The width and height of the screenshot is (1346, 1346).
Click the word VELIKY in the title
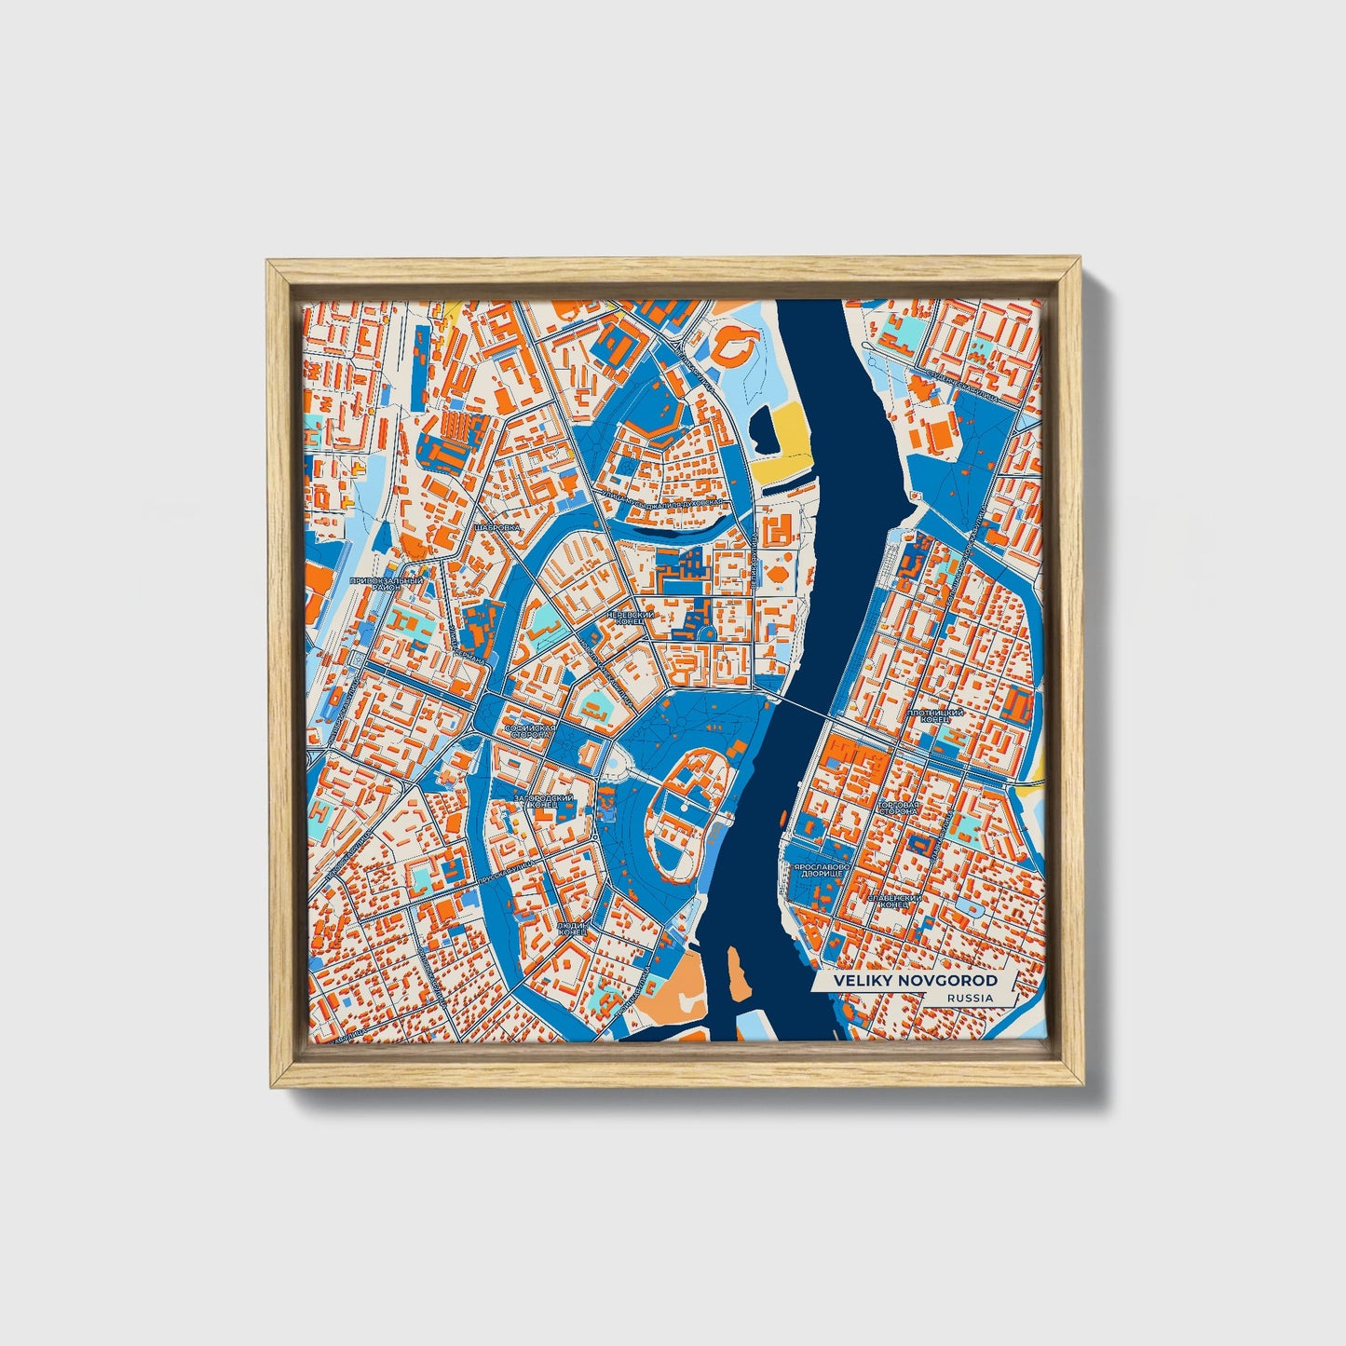(863, 981)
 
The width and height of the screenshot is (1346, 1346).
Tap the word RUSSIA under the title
(969, 998)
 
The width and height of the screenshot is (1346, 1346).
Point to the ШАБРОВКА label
(496, 527)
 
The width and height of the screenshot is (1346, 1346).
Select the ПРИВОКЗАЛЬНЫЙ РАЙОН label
(386, 584)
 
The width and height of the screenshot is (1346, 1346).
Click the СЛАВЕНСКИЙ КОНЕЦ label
(894, 901)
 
